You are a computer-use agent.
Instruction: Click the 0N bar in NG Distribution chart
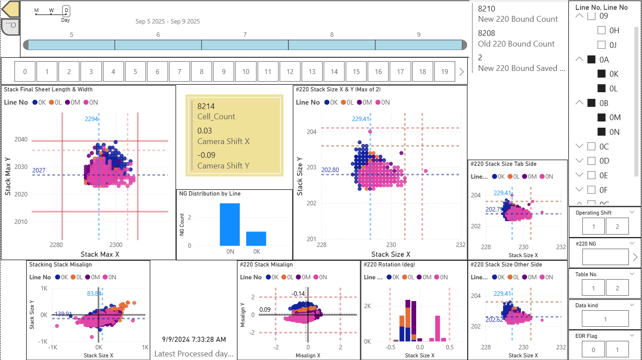[229, 224]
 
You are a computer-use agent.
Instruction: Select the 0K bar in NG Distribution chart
[256, 239]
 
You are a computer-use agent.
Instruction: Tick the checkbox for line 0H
[602, 31]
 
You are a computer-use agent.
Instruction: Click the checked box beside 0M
[602, 117]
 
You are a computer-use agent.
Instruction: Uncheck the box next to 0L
[602, 88]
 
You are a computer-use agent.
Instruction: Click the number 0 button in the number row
[25, 72]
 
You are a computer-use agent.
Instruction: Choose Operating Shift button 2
[618, 226]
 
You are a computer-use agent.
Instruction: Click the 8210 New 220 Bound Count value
[486, 8]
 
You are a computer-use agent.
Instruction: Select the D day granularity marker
[66, 11]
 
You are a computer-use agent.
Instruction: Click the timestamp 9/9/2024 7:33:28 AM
[193, 340]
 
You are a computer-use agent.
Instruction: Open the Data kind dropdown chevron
[632, 305]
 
